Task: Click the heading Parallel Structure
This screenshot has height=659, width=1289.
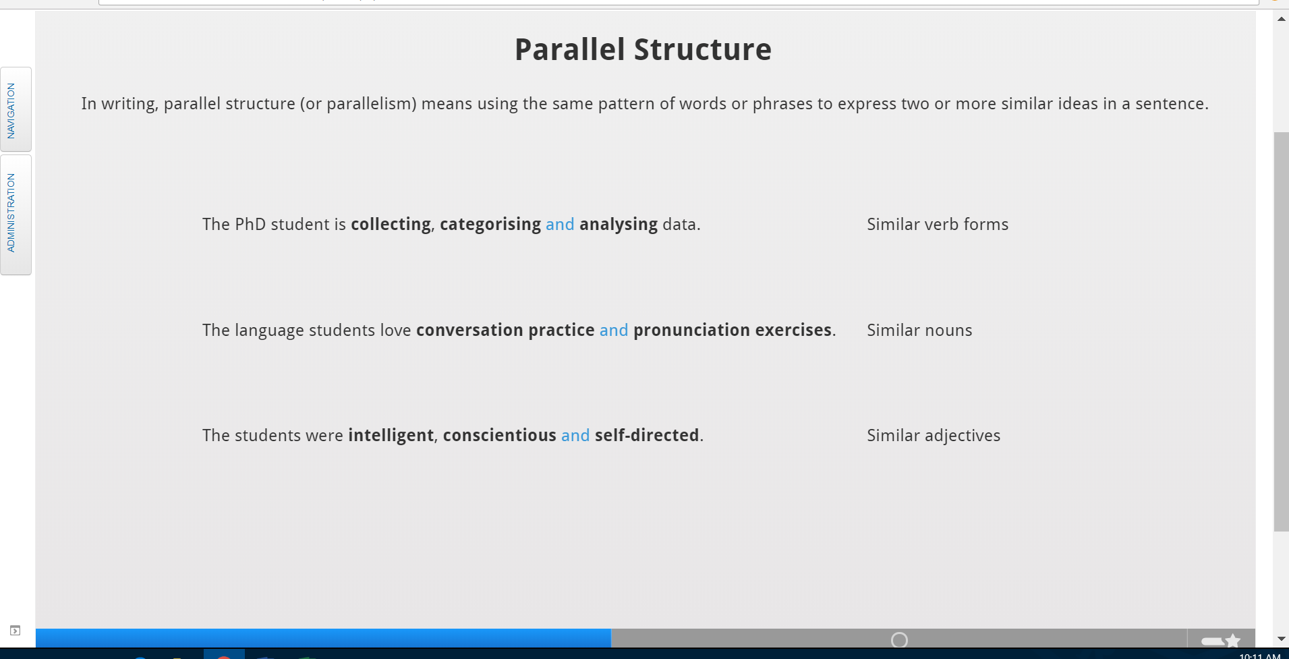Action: point(643,50)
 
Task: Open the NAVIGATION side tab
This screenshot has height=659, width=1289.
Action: point(16,109)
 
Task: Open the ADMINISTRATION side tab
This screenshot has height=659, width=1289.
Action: point(16,214)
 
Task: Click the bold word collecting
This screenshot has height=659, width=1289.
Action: point(391,225)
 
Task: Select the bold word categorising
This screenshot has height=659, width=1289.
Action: point(490,225)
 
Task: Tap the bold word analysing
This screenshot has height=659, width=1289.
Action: point(618,225)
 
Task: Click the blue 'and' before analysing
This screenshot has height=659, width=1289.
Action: point(560,225)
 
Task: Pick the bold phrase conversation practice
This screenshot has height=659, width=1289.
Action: point(505,331)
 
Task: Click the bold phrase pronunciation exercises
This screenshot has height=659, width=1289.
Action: point(733,331)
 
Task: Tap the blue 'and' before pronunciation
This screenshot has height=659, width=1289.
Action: point(614,331)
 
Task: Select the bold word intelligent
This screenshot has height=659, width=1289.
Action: point(391,436)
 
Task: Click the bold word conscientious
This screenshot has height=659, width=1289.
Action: point(499,436)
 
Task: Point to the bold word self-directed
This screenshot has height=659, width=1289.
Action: point(647,436)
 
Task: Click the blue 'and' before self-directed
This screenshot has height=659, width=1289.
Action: point(575,436)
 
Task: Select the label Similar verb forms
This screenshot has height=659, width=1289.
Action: point(938,225)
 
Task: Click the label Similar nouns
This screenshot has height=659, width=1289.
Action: point(919,331)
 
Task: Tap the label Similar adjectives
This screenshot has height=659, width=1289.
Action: point(934,436)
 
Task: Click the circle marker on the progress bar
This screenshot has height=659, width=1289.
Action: point(899,633)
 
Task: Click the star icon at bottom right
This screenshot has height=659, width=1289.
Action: point(1233,641)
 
